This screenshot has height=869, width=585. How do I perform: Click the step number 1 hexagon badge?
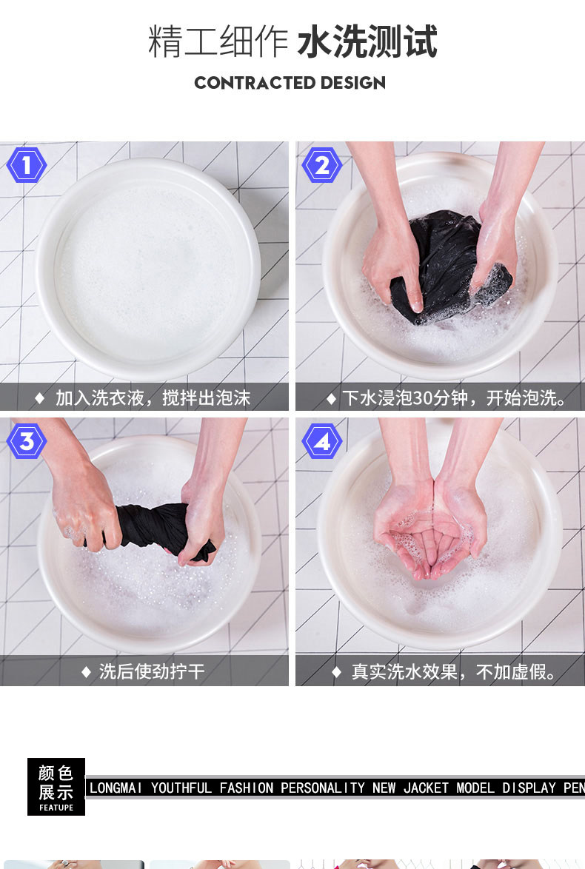coord(26,165)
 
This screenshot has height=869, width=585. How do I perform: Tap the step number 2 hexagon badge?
coord(321,165)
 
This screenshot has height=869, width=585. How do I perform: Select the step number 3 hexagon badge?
coord(26,441)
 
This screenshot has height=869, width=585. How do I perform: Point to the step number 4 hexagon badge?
coord(321,441)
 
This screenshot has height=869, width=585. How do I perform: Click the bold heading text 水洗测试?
coord(367,41)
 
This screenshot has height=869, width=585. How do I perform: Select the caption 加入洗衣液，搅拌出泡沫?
coord(153,398)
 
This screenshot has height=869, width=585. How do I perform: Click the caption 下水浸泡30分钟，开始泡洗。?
coord(455,398)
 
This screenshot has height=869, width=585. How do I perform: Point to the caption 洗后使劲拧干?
coord(152,671)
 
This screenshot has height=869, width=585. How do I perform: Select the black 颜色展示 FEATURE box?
coord(56,786)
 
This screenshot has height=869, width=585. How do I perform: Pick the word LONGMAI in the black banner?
coord(116,788)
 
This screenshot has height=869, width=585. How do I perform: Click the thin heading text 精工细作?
coord(218,41)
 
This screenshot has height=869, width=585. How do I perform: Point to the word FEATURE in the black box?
coord(56,808)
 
